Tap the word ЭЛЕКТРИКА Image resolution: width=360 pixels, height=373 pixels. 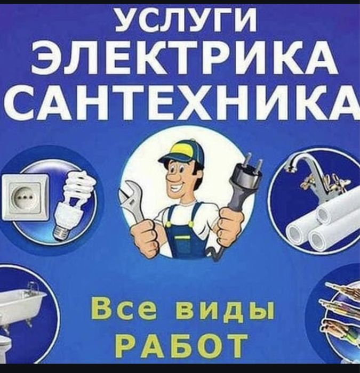tap(185, 58)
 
